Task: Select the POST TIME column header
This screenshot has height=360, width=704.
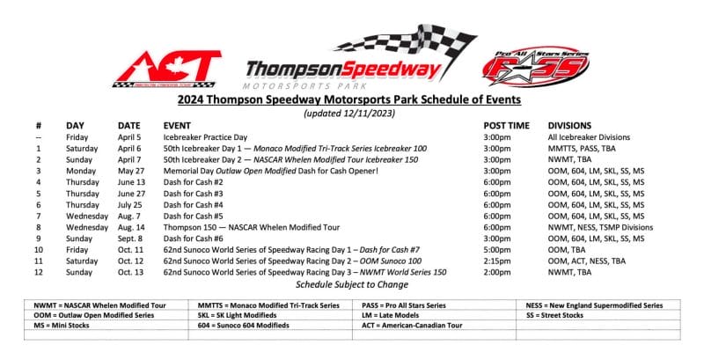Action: [x=506, y=126]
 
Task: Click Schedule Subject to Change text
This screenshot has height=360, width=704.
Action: [x=351, y=284]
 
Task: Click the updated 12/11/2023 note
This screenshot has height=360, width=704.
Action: [x=351, y=114]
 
